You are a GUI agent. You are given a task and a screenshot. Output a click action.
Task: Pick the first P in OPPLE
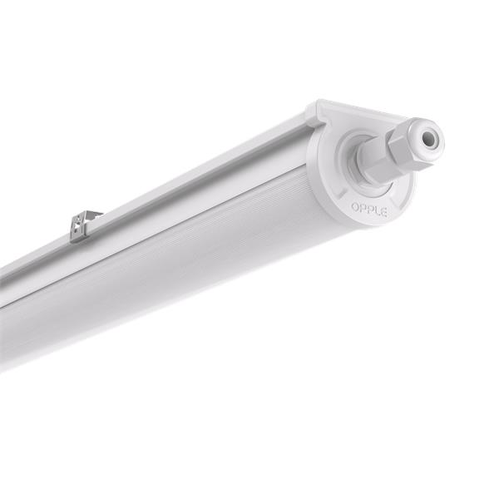pyautogui.click(x=361, y=205)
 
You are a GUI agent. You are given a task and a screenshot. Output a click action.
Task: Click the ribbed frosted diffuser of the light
pyautogui.click(x=191, y=249)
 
